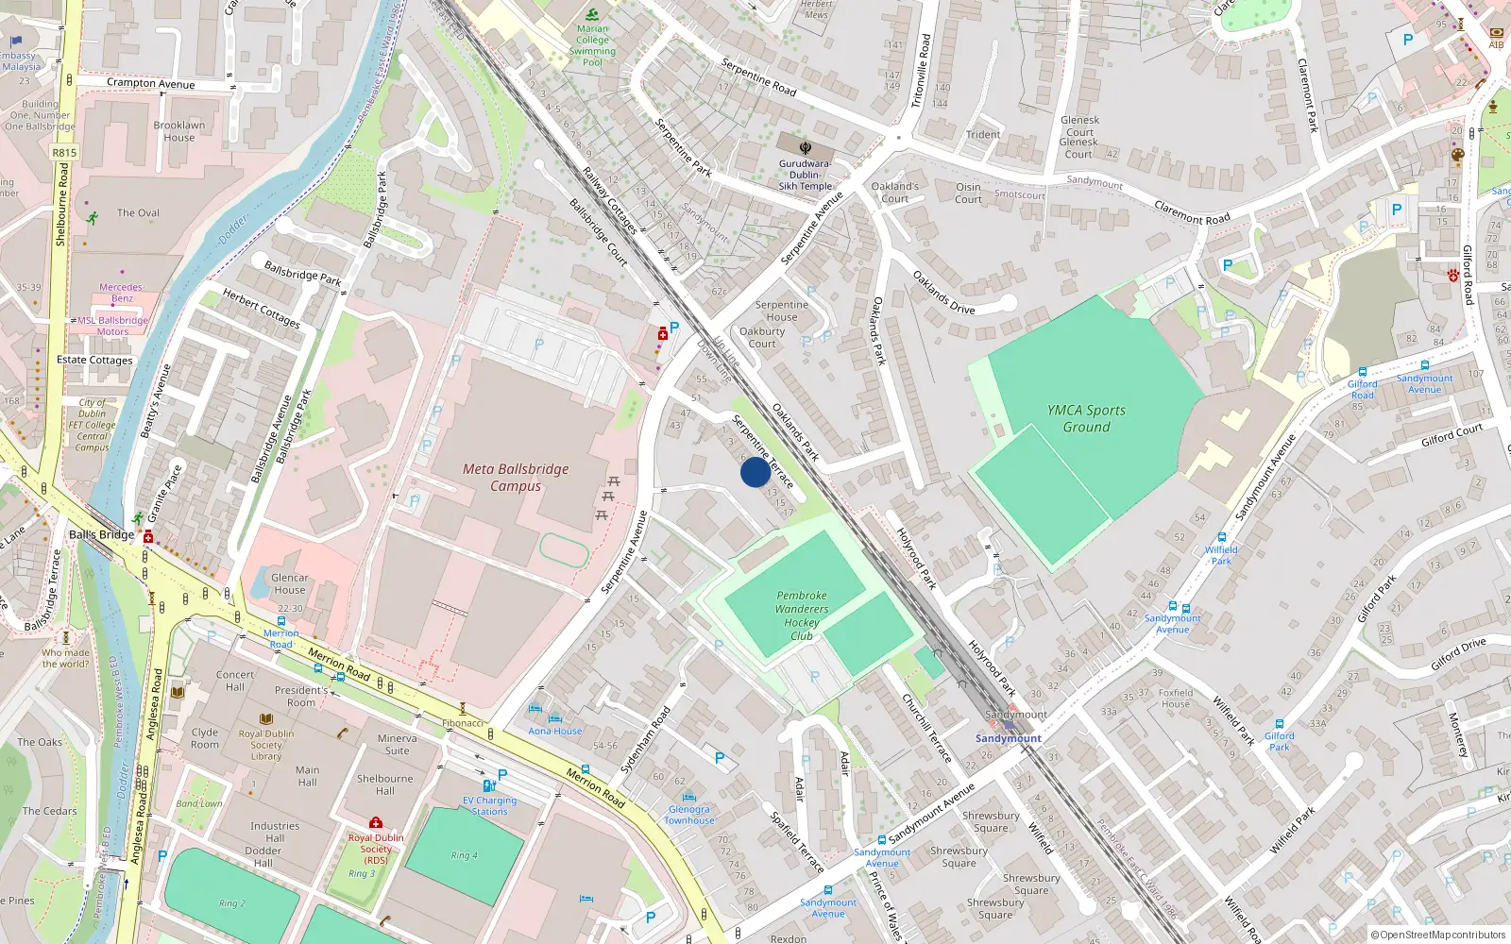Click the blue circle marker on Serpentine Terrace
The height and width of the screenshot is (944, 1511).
pyautogui.click(x=755, y=472)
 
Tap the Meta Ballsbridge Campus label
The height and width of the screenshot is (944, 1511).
pyautogui.click(x=516, y=477)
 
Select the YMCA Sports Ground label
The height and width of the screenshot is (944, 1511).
pyautogui.click(x=1086, y=418)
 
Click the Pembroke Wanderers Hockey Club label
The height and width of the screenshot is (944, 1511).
pyautogui.click(x=801, y=615)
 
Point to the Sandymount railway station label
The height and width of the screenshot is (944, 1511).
pyautogui.click(x=1008, y=738)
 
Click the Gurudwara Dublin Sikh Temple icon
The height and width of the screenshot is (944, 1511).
pyautogui.click(x=806, y=147)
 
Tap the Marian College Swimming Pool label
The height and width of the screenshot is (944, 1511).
pyautogui.click(x=592, y=45)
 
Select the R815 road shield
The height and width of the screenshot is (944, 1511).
pyautogui.click(x=64, y=152)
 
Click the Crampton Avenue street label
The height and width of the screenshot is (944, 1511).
pyautogui.click(x=150, y=83)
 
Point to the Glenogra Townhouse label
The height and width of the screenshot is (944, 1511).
pyautogui.click(x=688, y=815)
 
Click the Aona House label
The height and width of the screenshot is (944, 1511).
pyautogui.click(x=555, y=731)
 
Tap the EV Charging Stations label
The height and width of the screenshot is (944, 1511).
pyautogui.click(x=489, y=805)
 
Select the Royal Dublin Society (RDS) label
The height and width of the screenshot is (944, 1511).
pyautogui.click(x=375, y=848)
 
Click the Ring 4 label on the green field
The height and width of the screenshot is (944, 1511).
pyautogui.click(x=464, y=855)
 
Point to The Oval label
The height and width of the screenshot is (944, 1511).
pyautogui.click(x=138, y=212)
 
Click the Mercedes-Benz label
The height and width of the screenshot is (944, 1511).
pyautogui.click(x=122, y=293)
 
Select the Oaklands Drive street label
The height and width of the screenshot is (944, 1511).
pyautogui.click(x=943, y=293)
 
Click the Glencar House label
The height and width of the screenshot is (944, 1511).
pyautogui.click(x=289, y=583)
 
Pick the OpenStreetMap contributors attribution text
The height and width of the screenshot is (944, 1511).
pyautogui.click(x=1437, y=935)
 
